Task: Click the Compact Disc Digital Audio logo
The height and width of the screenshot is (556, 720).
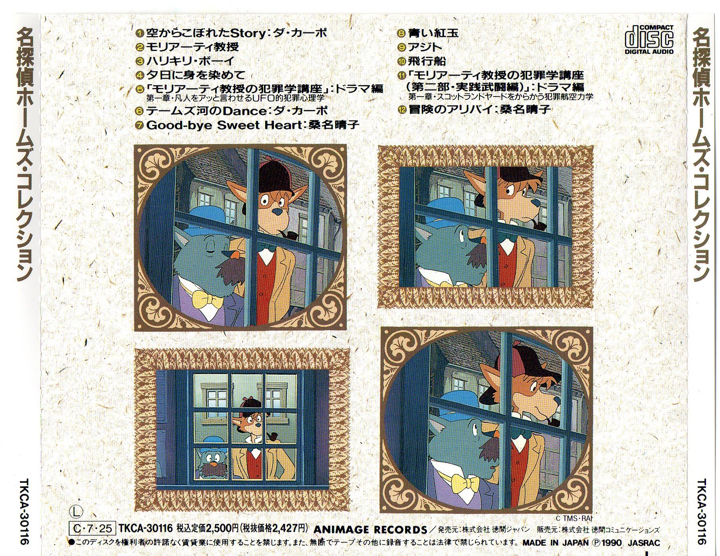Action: point(649,39)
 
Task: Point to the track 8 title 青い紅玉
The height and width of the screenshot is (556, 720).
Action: point(433,33)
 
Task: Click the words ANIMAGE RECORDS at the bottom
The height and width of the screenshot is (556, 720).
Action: point(370,530)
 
